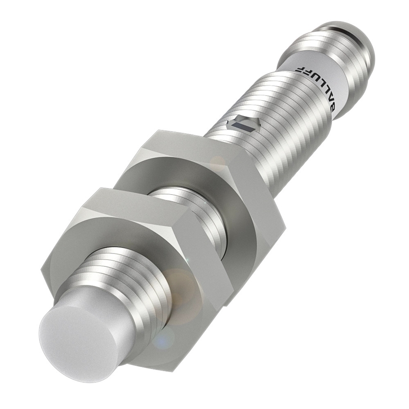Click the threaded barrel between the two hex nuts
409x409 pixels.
[x=193, y=214]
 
